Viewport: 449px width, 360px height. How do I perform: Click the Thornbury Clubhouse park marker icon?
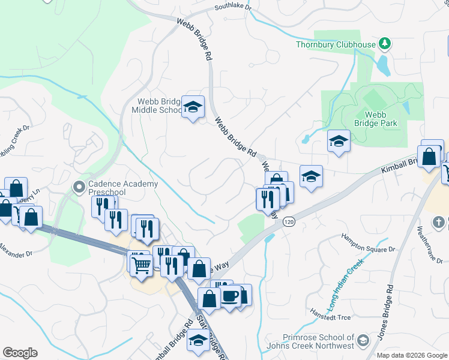(385, 44)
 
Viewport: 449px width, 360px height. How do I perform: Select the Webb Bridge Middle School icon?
(193, 107)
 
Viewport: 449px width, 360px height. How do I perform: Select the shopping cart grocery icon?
(141, 263)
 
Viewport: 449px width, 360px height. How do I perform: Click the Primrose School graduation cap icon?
(363, 341)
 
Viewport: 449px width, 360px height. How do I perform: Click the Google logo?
(20, 352)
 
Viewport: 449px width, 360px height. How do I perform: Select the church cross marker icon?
(439, 223)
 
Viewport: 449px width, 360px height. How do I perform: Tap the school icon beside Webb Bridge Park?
(339, 142)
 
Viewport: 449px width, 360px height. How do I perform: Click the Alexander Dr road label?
(16, 251)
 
